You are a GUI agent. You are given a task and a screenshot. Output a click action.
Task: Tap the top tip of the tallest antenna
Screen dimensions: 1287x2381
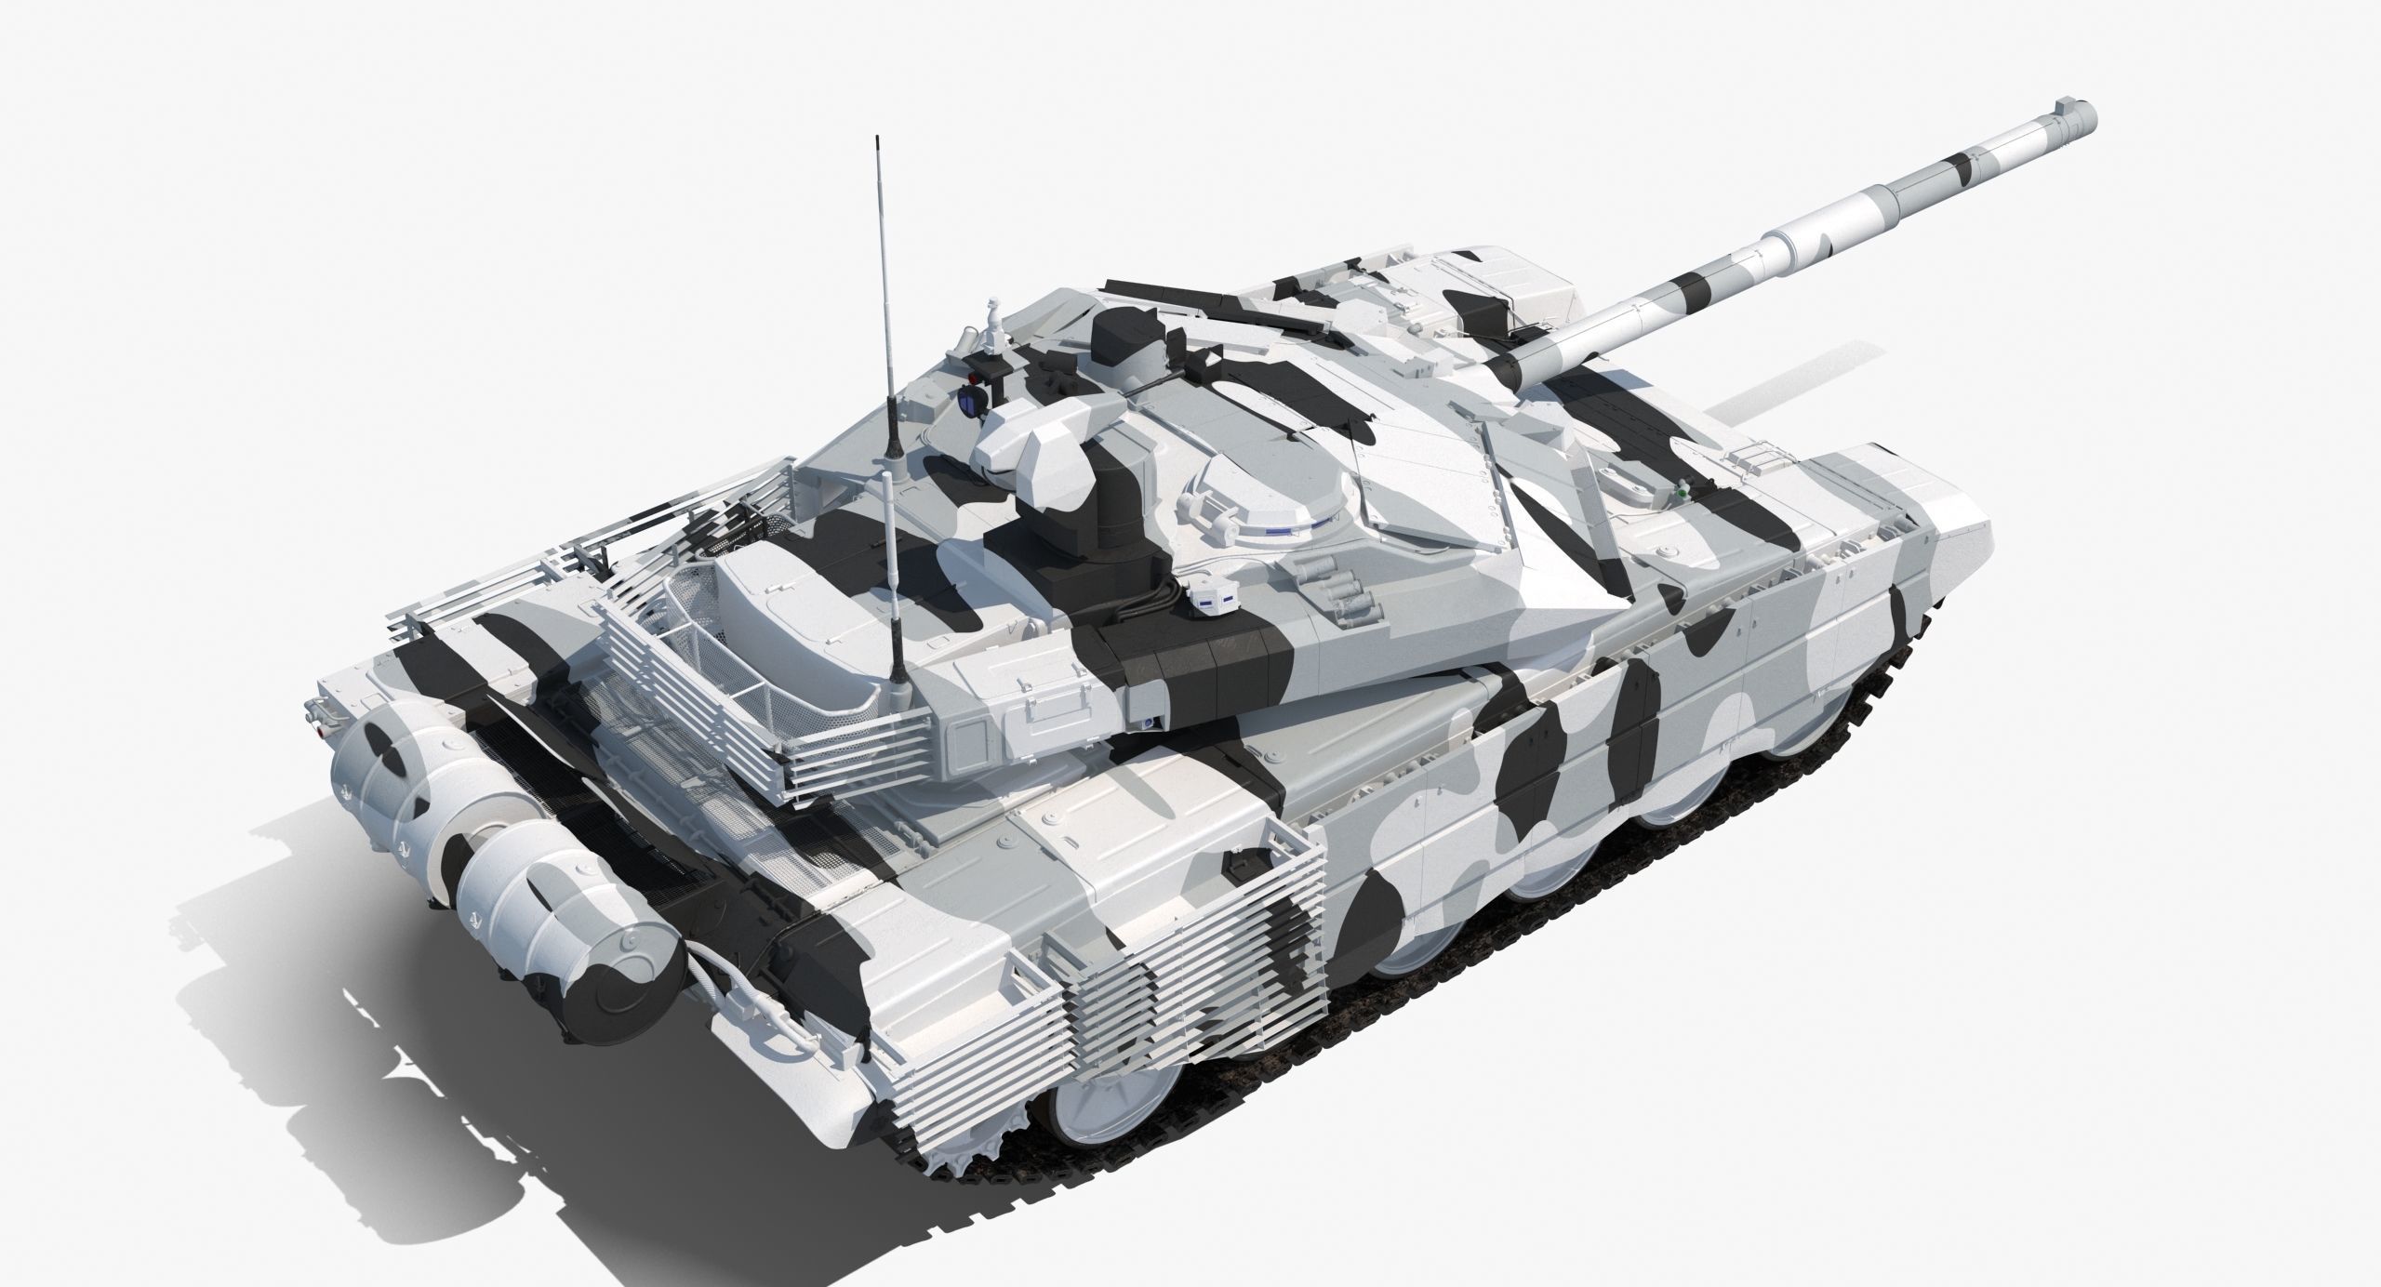coord(876,139)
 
